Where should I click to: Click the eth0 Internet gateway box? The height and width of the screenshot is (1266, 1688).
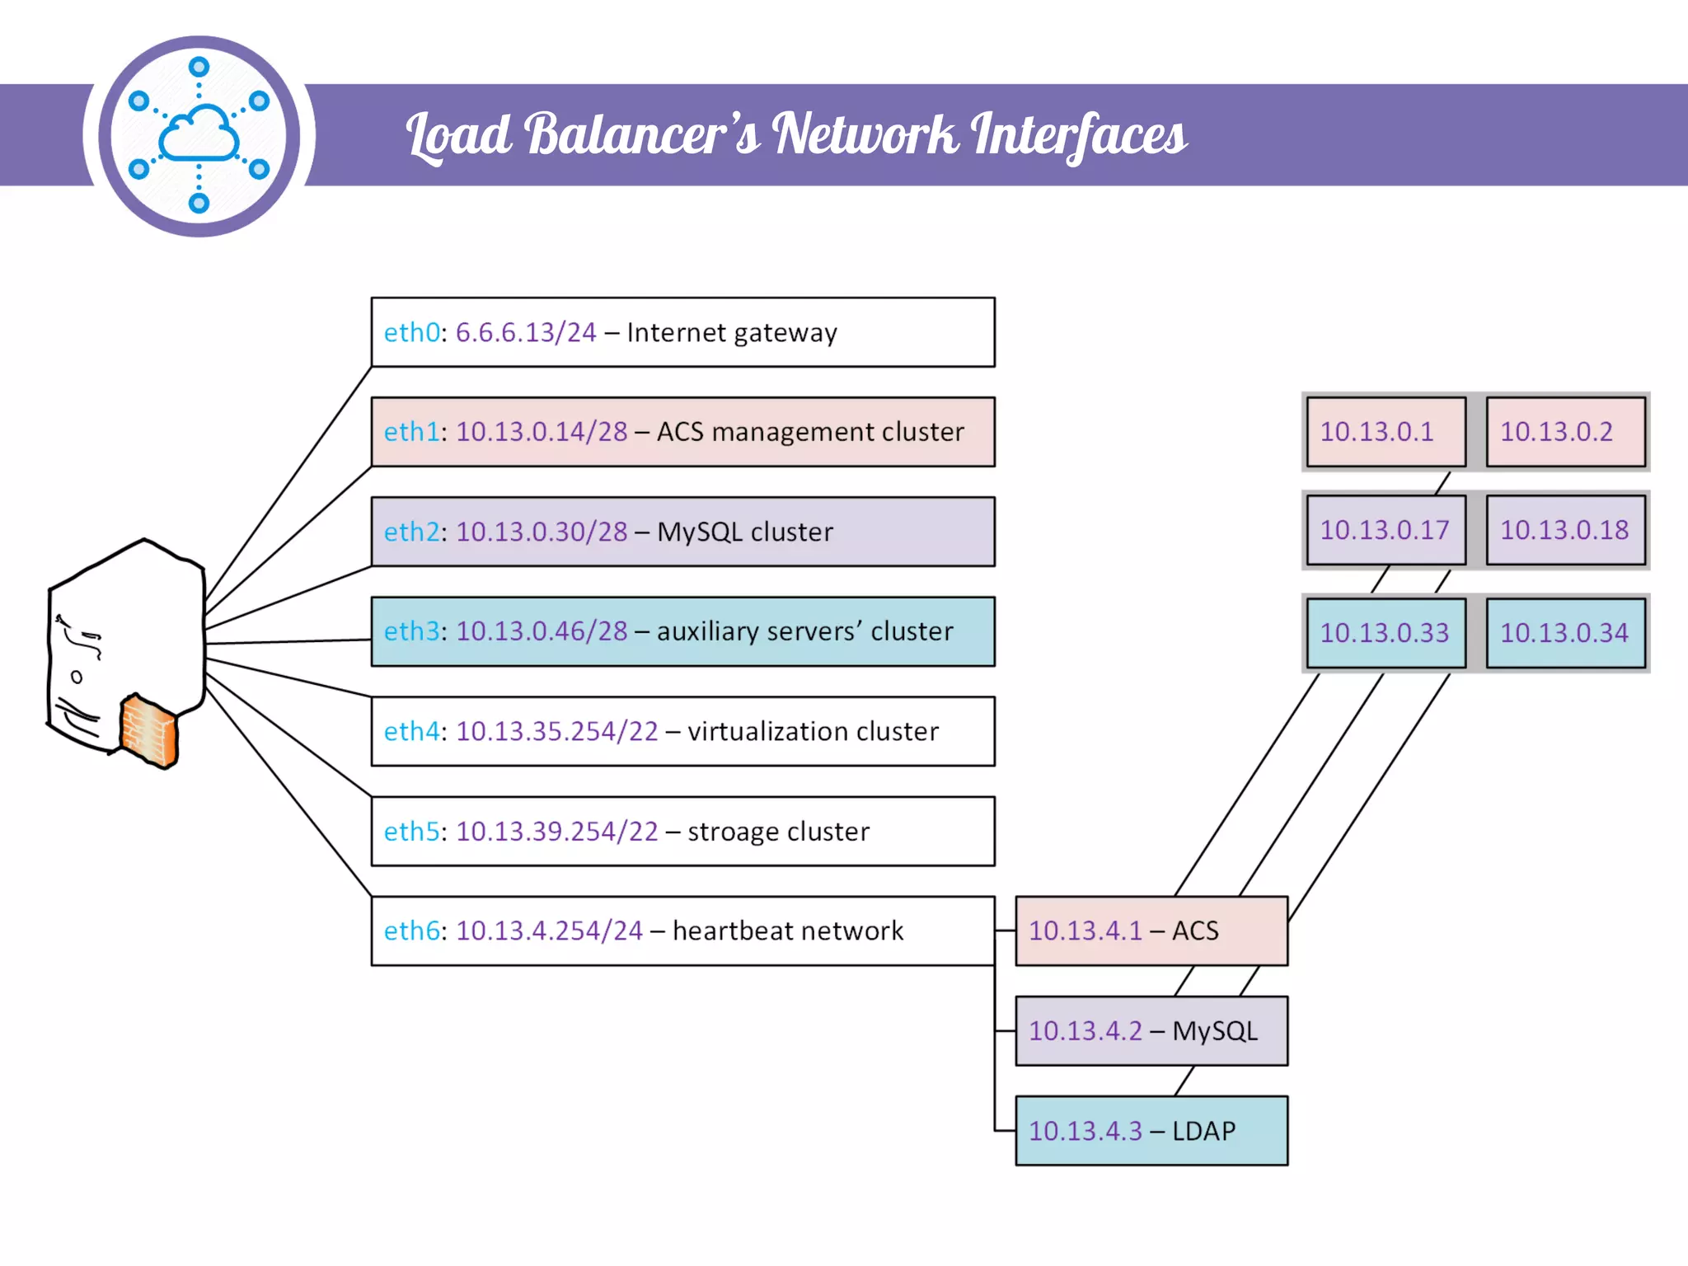point(682,332)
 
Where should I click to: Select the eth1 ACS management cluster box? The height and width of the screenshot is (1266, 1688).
point(682,432)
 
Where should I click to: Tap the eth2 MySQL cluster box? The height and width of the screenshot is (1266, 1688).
point(682,532)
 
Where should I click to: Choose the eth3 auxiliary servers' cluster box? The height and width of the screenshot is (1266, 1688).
point(682,631)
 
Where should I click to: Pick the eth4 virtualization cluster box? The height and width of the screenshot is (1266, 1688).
point(682,731)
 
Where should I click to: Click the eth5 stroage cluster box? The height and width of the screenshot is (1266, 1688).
point(682,831)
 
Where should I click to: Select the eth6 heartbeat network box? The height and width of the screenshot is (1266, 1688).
point(682,931)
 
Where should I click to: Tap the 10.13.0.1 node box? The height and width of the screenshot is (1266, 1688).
point(1386,432)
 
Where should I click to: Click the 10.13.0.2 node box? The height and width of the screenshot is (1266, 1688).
point(1565,432)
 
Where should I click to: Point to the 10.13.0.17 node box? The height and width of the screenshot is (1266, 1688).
point(1386,530)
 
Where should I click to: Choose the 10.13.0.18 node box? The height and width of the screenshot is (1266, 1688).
point(1565,530)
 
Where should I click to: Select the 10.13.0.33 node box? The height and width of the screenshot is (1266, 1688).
point(1386,632)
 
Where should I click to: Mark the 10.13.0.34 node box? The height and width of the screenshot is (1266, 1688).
point(1565,632)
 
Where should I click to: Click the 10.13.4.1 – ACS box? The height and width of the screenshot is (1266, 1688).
point(1151,931)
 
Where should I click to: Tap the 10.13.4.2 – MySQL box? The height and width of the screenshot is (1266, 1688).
point(1151,1031)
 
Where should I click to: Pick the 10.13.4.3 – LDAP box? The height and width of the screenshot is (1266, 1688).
point(1151,1131)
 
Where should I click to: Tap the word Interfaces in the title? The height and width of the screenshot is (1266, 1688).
point(1078,134)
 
